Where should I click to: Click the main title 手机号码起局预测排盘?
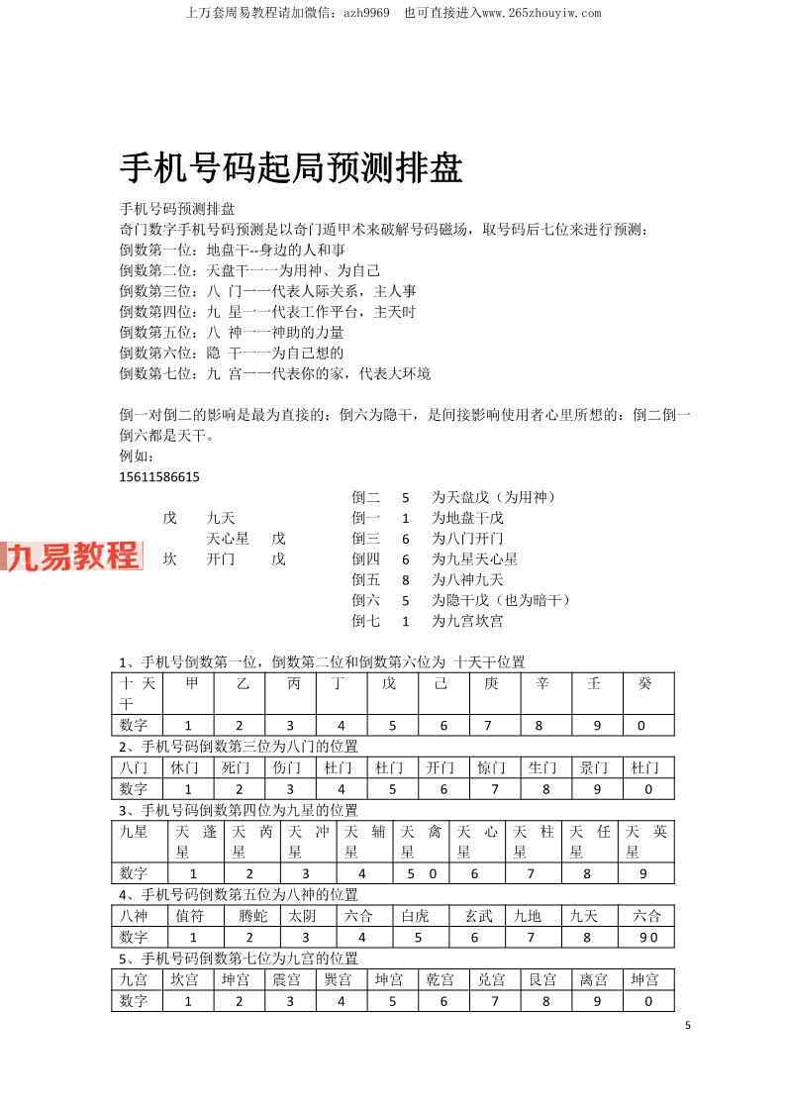point(291,168)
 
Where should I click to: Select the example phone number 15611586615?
point(158,476)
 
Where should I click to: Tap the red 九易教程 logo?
point(72,556)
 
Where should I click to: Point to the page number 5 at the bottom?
point(687,1025)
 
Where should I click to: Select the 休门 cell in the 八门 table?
point(186,767)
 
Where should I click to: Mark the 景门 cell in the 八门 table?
point(594,767)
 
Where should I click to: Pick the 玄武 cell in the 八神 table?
point(478,916)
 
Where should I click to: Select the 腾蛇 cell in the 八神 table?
point(252,916)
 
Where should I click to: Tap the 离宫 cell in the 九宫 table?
point(594,979)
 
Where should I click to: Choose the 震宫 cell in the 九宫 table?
point(287,979)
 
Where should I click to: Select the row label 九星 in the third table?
point(134,832)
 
